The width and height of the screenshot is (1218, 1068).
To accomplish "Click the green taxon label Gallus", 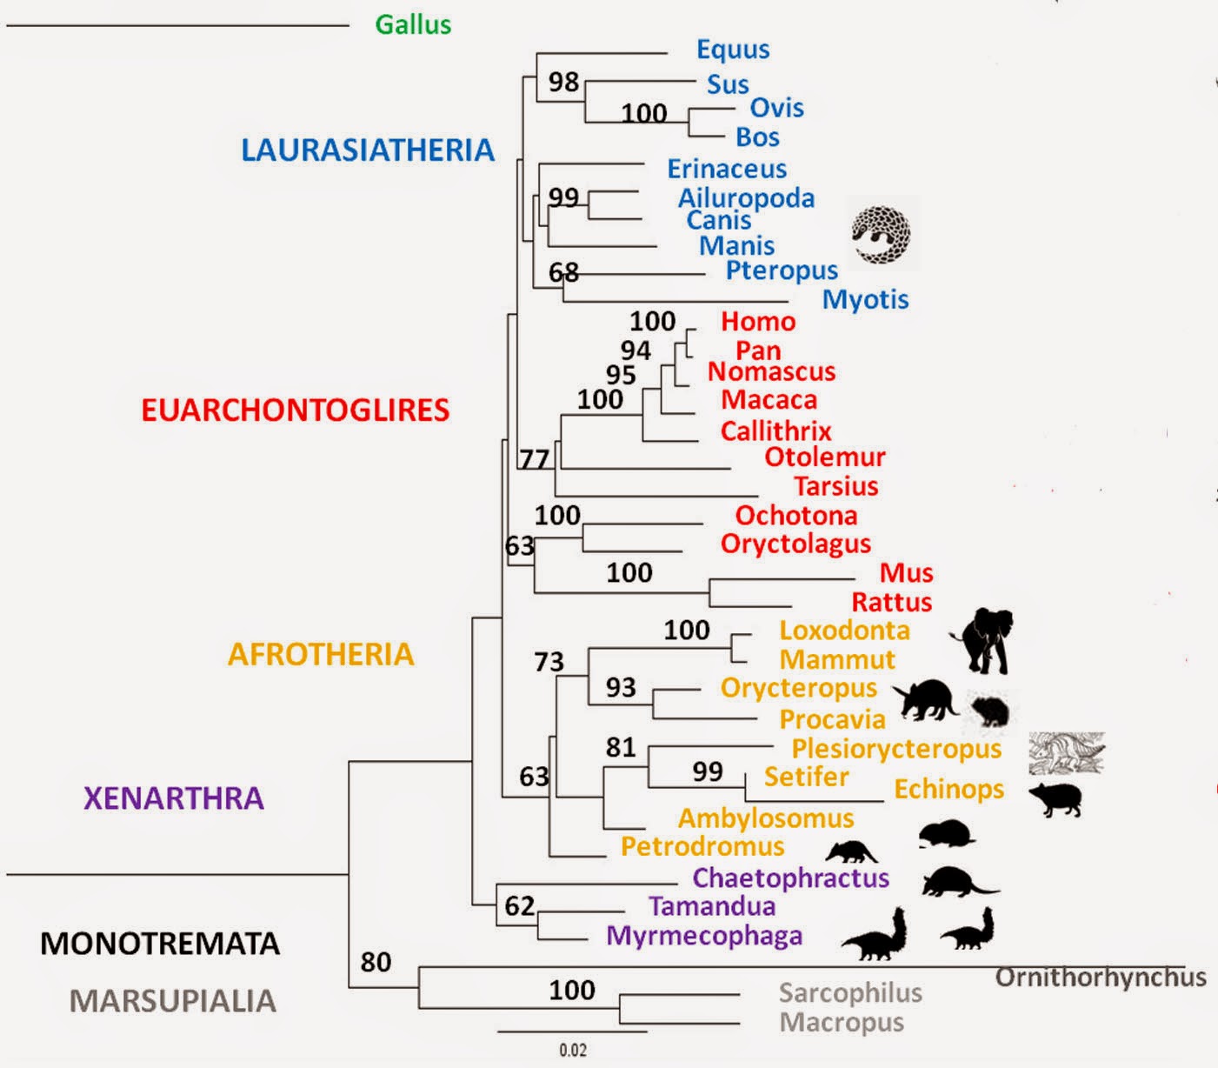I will pyautogui.click(x=413, y=24).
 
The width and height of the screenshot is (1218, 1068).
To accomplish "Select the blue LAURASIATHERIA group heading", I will pyautogui.click(x=367, y=150).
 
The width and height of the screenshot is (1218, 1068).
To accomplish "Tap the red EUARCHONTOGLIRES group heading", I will pyautogui.click(x=295, y=410).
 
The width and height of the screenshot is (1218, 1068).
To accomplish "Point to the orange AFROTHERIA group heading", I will pyautogui.click(x=321, y=654).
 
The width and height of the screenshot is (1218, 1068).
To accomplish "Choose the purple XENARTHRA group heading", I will pyautogui.click(x=174, y=798).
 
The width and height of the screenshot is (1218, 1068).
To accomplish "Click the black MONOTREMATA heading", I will pyautogui.click(x=160, y=944).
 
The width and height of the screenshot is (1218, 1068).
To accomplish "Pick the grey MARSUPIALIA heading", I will pyautogui.click(x=172, y=1001).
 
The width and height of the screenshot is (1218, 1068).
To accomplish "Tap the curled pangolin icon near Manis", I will pyautogui.click(x=880, y=235).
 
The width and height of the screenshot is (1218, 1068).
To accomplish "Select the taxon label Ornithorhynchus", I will pyautogui.click(x=1100, y=978).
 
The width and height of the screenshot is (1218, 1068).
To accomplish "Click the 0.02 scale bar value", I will pyautogui.click(x=573, y=1050).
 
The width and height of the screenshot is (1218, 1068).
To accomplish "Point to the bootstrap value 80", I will pyautogui.click(x=376, y=962).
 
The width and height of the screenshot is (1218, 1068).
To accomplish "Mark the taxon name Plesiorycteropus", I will pyautogui.click(x=895, y=748).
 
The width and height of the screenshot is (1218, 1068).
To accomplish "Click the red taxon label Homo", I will pyautogui.click(x=757, y=322).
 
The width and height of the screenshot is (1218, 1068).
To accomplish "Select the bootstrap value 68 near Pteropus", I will pyautogui.click(x=563, y=272).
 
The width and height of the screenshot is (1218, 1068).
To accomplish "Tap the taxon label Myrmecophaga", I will pyautogui.click(x=703, y=936).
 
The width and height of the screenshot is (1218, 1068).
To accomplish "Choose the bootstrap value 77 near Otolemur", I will pyautogui.click(x=535, y=458).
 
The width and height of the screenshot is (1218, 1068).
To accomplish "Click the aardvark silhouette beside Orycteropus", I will pyautogui.click(x=928, y=698).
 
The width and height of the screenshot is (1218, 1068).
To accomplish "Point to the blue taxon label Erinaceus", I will pyautogui.click(x=726, y=169).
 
